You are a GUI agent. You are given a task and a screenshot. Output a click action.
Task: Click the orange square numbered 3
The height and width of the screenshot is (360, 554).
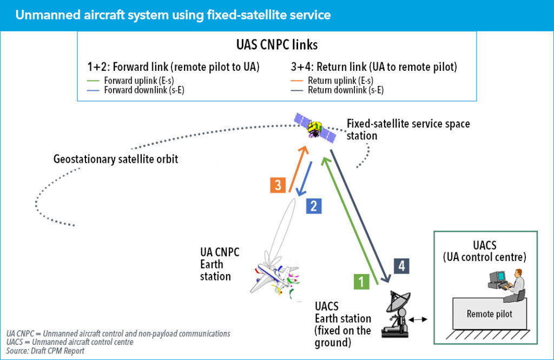pos(278,185)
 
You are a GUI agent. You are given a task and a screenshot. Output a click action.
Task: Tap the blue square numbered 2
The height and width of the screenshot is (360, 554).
pos(314,205)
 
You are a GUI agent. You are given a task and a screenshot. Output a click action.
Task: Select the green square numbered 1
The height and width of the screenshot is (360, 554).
pos(361,281)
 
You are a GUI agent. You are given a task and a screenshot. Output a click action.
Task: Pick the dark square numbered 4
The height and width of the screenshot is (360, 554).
pos(400,266)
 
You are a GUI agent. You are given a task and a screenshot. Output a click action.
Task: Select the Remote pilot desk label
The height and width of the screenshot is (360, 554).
pos(489,314)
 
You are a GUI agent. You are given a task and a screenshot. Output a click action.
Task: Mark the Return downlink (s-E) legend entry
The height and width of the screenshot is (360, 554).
pos(342,90)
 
